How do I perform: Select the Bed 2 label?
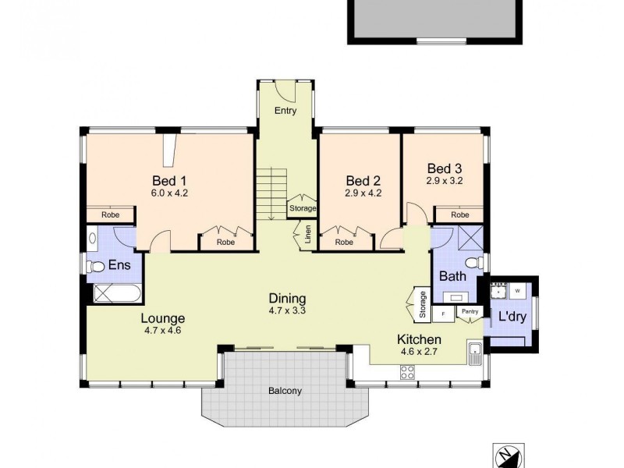(x=363, y=180)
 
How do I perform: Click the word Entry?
(x=285, y=112)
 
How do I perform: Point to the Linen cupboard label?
(x=308, y=235)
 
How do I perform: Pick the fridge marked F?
(x=443, y=314)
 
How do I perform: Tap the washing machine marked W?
(x=518, y=291)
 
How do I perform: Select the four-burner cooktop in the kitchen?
(x=407, y=373)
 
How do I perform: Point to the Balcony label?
(x=285, y=391)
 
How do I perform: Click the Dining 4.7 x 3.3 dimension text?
(x=287, y=310)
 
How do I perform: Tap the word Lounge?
(x=162, y=318)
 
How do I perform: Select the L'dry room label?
(x=512, y=318)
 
